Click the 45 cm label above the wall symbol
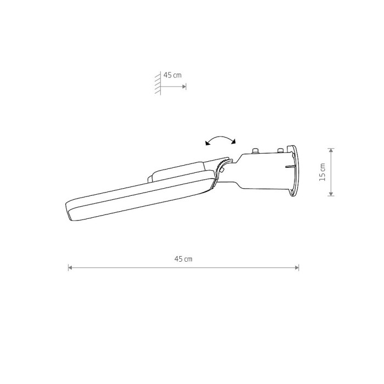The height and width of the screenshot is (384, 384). point(172,75)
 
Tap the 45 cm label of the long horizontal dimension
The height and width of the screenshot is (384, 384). point(183,259)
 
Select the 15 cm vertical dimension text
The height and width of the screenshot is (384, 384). point(323,172)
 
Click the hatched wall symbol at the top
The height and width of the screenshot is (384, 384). point(158,83)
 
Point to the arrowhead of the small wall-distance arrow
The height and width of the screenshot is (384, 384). point(184,87)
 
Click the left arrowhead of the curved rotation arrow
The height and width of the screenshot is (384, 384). point(207,143)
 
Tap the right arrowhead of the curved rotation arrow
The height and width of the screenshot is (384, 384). point(233,142)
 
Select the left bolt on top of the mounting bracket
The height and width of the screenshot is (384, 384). point(256,151)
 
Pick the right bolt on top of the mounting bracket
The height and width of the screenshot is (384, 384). point(280,150)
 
